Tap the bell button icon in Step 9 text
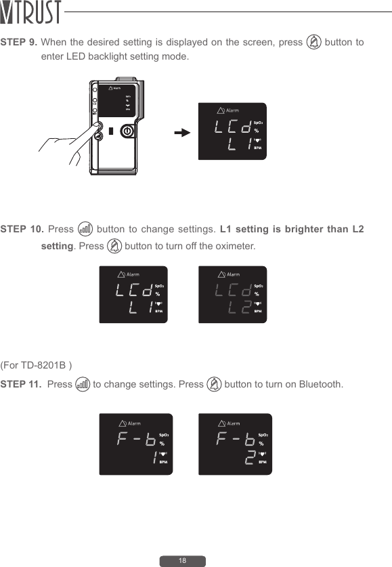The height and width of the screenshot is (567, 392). click(x=313, y=43)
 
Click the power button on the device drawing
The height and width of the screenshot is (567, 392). click(x=127, y=132)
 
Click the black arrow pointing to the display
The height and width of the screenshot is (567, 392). click(x=181, y=132)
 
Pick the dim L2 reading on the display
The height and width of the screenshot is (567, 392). click(x=240, y=310)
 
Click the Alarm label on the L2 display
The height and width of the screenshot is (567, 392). click(x=233, y=274)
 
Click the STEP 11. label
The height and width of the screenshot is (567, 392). click(x=22, y=385)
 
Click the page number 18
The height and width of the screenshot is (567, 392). click(x=182, y=561)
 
